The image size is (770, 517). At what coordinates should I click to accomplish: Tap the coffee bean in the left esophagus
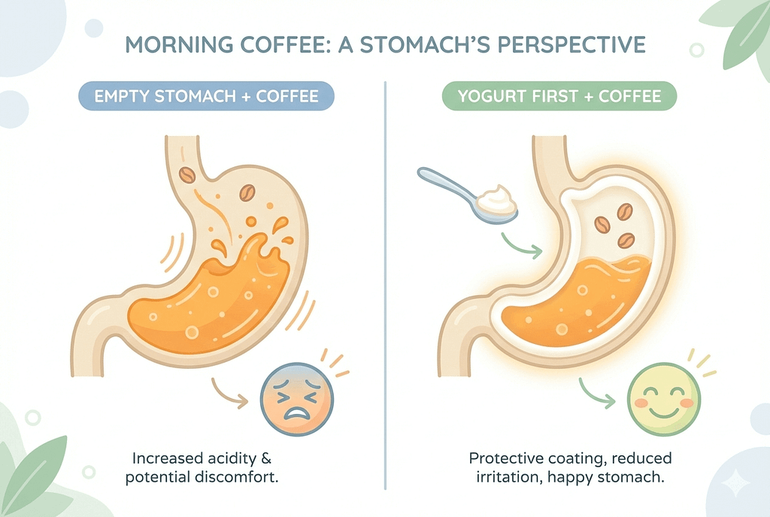187,175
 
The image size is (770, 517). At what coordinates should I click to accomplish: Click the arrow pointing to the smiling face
596,392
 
